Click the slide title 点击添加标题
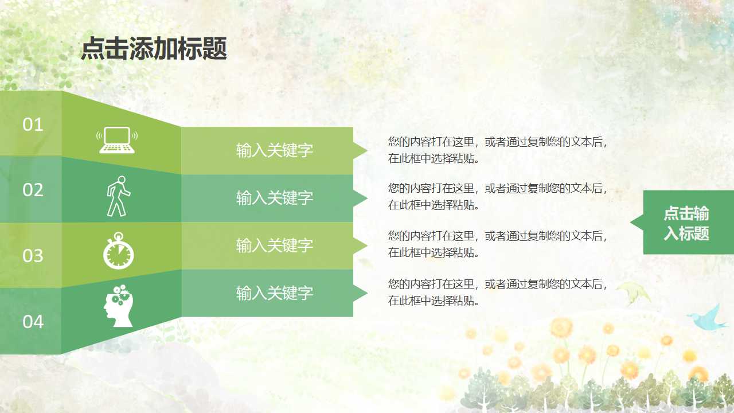tap(154, 49)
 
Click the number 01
tap(33, 124)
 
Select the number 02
tap(33, 190)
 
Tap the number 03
tap(33, 255)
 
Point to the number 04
tap(33, 322)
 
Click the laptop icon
tap(118, 141)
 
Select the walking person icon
tap(118, 196)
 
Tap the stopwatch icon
tap(118, 251)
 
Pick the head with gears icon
tap(118, 306)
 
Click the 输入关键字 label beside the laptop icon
tap(275, 150)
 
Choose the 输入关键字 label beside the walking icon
tap(275, 198)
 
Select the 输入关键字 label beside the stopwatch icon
tap(275, 246)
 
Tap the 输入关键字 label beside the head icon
tap(275, 293)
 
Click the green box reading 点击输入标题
tap(687, 223)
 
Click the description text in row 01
tap(498, 150)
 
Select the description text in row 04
tap(498, 292)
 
